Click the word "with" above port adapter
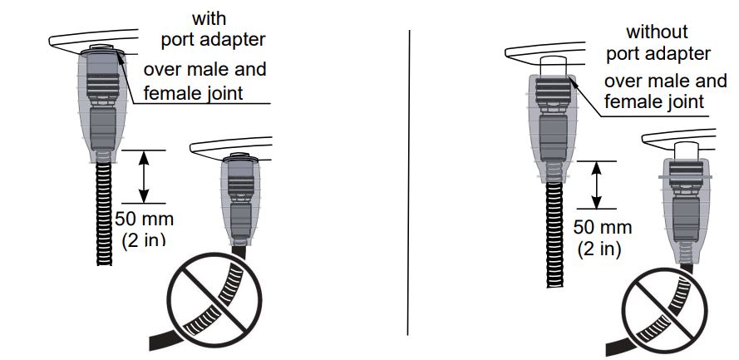[x=209, y=19]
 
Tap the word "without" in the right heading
[x=657, y=32]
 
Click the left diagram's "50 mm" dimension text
[x=144, y=219]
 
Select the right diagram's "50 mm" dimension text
[x=603, y=228]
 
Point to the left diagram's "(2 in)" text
[x=144, y=239]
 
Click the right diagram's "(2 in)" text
[x=599, y=249]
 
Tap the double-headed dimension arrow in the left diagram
[x=144, y=177]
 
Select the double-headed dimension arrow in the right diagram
[x=597, y=185]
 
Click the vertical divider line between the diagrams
[x=409, y=183]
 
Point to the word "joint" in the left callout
[x=222, y=93]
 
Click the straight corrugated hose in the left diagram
[x=104, y=214]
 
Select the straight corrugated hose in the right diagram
[x=554, y=234]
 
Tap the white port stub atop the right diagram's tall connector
[x=554, y=66]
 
